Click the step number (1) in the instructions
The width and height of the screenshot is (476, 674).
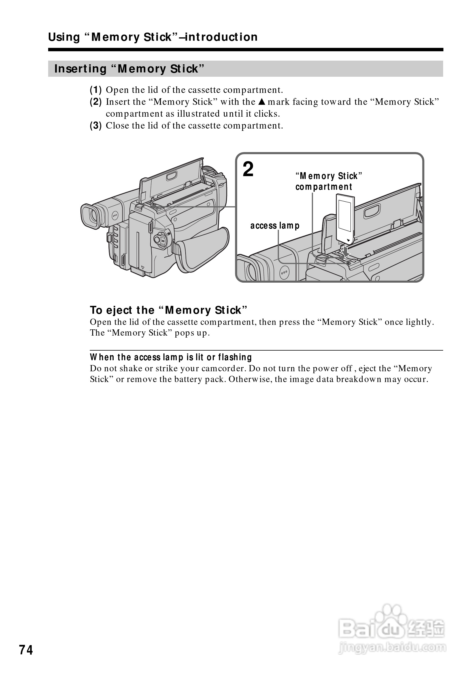96,90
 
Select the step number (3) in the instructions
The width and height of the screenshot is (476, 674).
96,126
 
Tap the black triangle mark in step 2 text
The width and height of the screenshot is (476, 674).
262,102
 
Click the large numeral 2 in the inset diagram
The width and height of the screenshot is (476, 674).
248,170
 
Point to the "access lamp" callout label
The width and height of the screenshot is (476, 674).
275,225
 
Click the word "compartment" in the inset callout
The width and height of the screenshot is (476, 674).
324,187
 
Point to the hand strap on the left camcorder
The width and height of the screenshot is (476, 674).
203,249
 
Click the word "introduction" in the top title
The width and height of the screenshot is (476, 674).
221,37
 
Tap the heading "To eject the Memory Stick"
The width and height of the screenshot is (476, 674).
169,310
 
